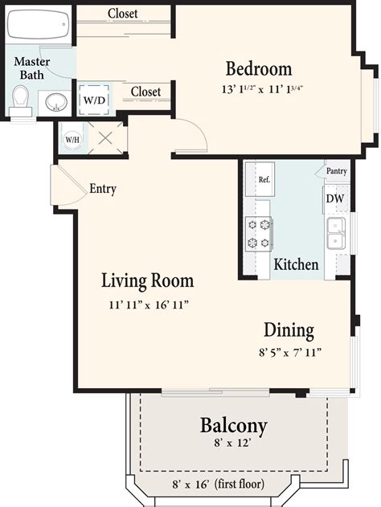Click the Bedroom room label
(258, 68)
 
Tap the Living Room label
(147, 281)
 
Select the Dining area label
(289, 330)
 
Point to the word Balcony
(234, 425)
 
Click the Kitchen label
(297, 264)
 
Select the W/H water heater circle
(72, 138)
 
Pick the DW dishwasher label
(334, 198)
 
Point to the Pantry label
(336, 171)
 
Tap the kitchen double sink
(336, 233)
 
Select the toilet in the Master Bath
(22, 100)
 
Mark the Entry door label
(103, 190)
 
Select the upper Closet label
(122, 14)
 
